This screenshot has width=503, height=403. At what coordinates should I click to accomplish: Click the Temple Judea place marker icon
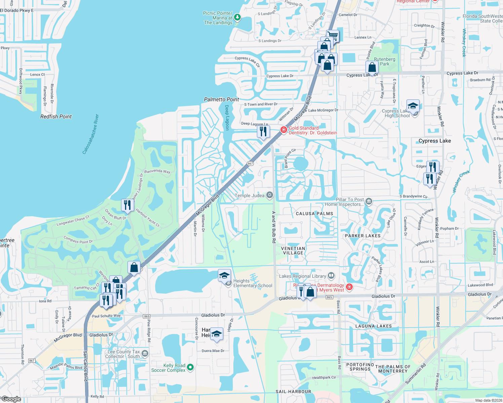click(269, 195)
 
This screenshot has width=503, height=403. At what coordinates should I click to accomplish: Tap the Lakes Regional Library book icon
click(331, 276)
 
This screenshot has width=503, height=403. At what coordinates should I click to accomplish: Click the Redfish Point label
click(56, 117)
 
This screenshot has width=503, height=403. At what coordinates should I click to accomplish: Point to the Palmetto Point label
click(221, 99)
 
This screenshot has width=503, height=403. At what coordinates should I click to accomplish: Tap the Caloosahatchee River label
click(91, 134)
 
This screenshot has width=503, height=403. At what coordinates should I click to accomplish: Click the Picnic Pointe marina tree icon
click(237, 17)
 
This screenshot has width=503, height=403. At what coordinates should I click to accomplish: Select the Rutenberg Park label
click(385, 61)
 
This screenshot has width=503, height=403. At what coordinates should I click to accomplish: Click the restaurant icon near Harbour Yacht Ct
click(127, 205)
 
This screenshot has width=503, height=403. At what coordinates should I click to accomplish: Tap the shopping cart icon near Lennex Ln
click(333, 35)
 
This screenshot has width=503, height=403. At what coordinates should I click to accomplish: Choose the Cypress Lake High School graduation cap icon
click(413, 106)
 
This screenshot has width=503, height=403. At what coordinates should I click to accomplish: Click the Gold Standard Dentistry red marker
click(284, 130)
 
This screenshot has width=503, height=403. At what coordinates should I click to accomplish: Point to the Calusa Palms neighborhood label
click(314, 214)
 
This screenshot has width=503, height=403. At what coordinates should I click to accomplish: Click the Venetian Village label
click(293, 251)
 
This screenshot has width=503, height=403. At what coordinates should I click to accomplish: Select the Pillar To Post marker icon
click(369, 201)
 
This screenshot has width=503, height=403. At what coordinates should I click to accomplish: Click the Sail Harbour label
click(293, 392)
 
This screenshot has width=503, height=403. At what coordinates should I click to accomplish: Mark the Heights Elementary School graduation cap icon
click(224, 276)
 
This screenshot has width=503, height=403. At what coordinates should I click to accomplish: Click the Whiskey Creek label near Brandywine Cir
click(461, 181)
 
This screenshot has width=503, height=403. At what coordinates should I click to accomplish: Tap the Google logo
click(11, 399)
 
